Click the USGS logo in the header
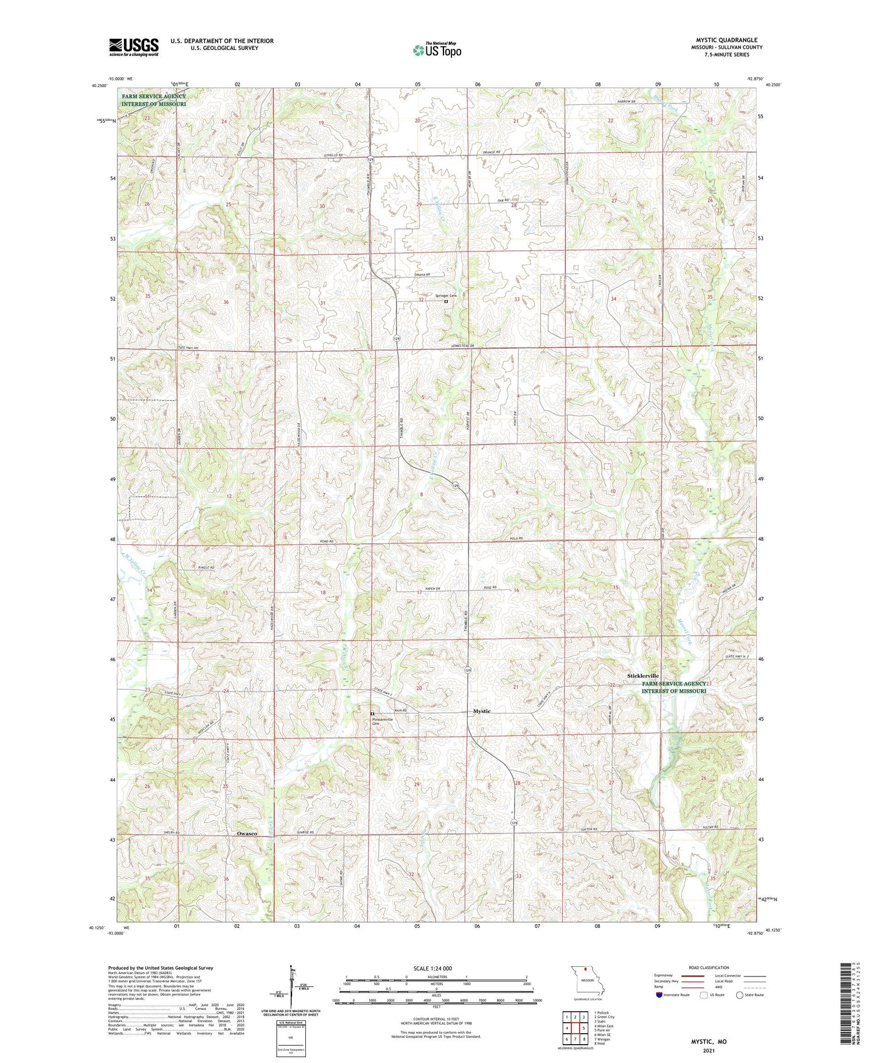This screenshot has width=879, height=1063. point(133,47)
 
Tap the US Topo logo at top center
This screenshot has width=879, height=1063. point(436,50)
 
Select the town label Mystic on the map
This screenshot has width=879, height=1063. point(481,711)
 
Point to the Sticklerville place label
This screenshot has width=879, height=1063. point(643,676)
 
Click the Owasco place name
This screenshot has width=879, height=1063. point(247,833)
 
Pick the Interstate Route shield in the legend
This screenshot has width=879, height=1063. point(660,995)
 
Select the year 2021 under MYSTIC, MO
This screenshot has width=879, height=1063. point(709,1051)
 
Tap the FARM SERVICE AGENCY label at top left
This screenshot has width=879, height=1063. point(153,96)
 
